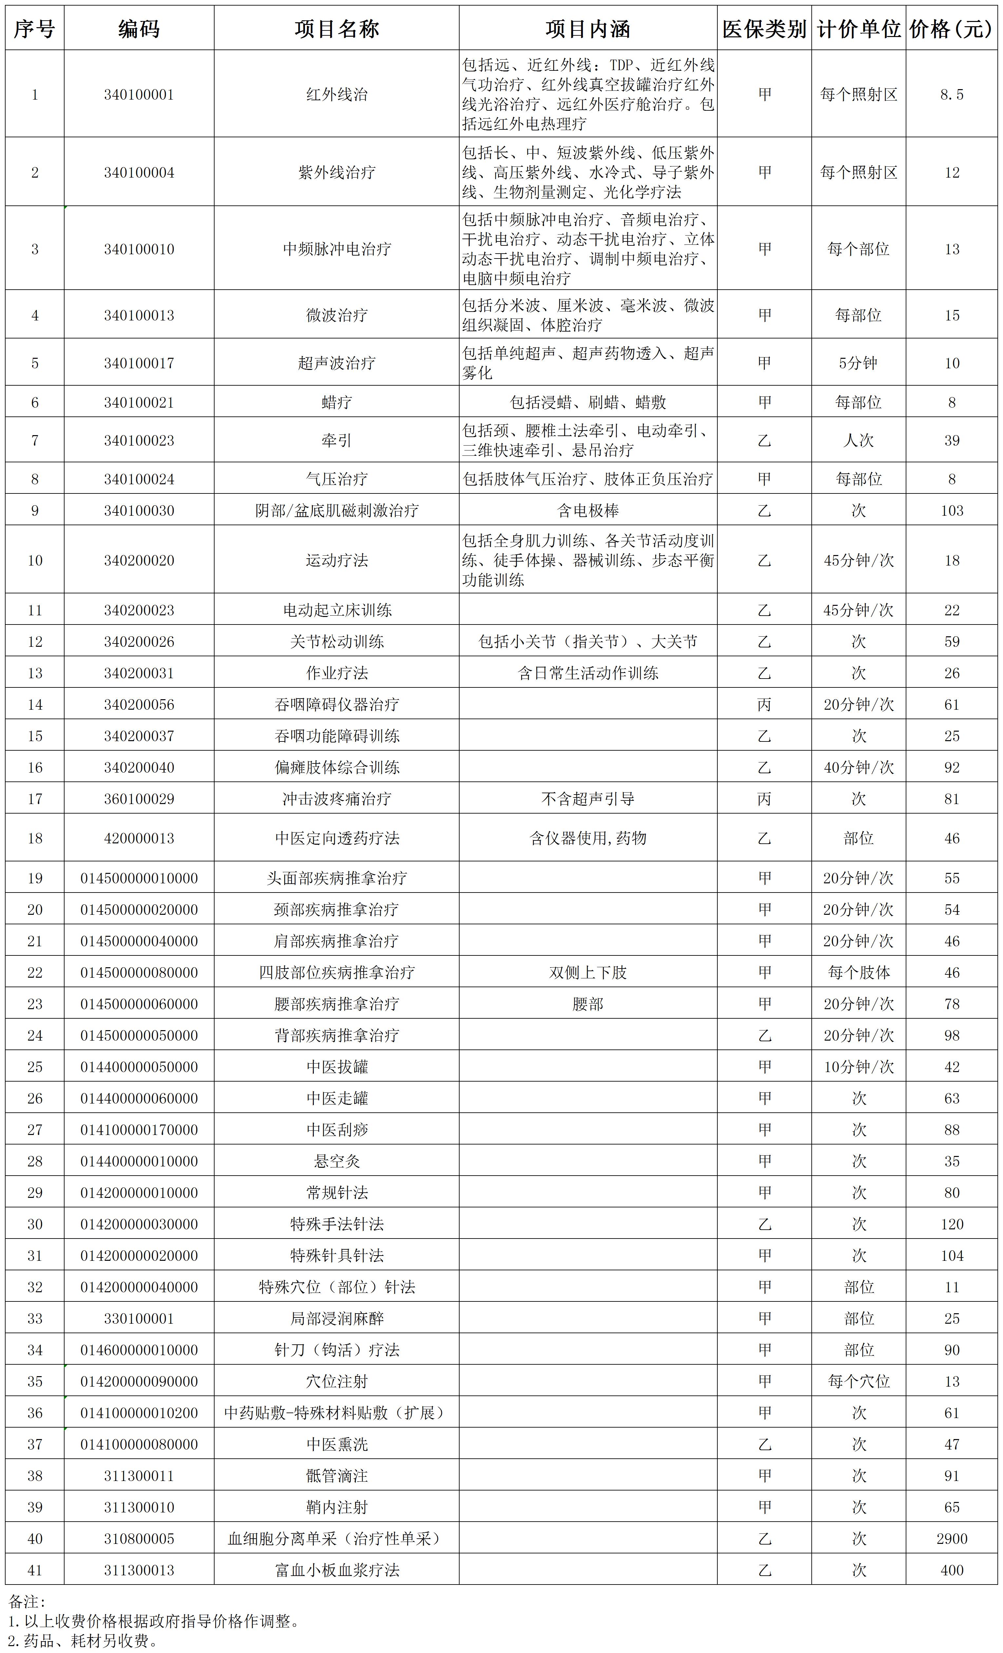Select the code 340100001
pos(139,95)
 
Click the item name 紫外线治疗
pos(337,172)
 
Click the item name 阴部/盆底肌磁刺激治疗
pos(337,510)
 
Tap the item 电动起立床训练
pos(337,610)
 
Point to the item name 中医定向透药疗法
pos(337,838)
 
